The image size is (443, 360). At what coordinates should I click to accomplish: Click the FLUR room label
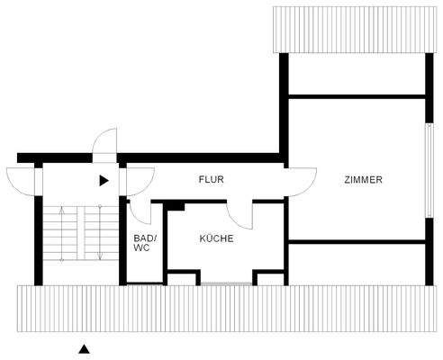211,180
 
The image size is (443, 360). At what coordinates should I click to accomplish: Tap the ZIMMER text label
363,180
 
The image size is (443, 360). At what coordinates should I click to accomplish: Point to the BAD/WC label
144,244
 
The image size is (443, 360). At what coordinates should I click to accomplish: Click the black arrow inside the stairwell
104,180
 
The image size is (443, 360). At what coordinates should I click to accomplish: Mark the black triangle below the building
84,348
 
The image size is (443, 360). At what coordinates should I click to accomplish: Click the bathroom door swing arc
140,211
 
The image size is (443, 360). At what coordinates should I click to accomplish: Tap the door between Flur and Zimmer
302,180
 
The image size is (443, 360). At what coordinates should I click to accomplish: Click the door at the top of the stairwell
106,144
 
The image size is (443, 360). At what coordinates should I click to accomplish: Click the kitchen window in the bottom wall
225,283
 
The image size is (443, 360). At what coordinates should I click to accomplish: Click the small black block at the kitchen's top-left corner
176,206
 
